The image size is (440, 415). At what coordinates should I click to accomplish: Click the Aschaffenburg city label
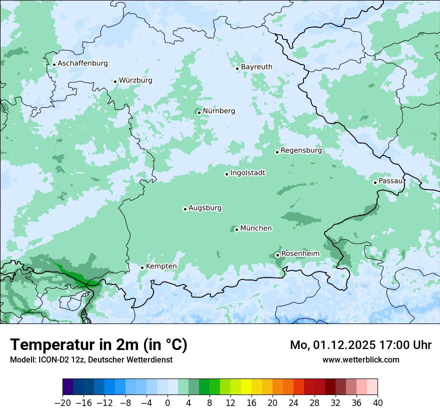(82, 63)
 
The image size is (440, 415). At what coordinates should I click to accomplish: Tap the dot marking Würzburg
(115, 81)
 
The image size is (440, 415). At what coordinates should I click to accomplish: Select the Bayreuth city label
(256, 66)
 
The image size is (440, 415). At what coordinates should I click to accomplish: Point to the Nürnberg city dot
(199, 112)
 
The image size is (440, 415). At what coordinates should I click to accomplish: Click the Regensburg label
(301, 150)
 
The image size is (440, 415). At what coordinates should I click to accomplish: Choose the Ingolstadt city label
(247, 172)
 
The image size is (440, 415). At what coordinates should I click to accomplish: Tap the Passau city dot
(375, 182)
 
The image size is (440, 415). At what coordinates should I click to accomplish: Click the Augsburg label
(205, 207)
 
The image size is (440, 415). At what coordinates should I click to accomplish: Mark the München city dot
(236, 230)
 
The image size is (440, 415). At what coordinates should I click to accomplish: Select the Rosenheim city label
(300, 253)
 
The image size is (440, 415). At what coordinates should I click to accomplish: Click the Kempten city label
(161, 266)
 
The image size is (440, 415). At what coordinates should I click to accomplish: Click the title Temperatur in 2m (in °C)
(98, 344)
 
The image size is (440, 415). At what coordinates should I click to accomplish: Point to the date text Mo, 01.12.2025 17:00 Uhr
(360, 345)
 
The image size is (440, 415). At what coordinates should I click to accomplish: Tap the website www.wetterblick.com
(360, 359)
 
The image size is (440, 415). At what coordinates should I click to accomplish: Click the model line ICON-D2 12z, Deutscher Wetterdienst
(91, 359)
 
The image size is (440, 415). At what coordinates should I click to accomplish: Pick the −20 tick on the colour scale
(63, 403)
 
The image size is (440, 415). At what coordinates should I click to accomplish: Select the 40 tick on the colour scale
(377, 403)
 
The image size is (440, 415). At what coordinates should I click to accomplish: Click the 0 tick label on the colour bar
(167, 403)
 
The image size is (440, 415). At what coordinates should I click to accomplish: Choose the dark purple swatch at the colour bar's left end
(68, 387)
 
